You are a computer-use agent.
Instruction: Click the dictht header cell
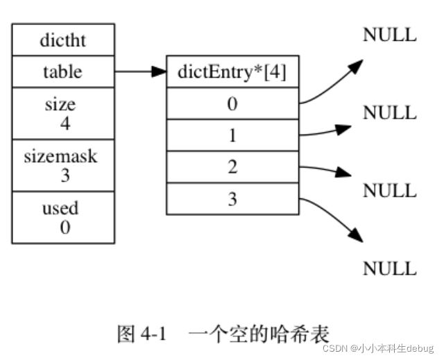63,40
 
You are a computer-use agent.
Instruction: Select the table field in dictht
63,71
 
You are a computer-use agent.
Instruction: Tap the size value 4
65,123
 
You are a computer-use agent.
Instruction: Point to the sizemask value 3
65,175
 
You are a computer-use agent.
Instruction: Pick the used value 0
65,227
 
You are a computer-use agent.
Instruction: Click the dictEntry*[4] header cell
232,71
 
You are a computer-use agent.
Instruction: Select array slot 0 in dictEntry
232,103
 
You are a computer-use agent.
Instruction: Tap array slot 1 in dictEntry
232,135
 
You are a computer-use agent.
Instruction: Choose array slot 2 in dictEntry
232,167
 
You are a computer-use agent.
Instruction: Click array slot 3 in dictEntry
232,199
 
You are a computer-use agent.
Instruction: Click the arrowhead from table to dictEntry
159,71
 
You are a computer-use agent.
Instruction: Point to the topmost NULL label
390,35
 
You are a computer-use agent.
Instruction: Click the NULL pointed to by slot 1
390,112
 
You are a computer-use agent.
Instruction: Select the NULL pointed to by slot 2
390,190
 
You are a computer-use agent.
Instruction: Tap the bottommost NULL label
390,268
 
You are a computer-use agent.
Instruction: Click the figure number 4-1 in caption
153,334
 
